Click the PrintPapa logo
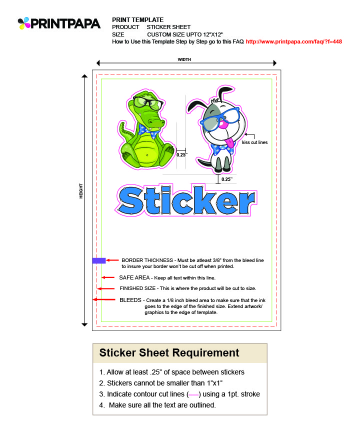(58, 23)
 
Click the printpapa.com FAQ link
(293, 41)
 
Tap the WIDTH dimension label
(184, 59)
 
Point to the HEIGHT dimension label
(81, 190)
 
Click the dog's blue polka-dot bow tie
(222, 148)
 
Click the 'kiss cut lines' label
(254, 142)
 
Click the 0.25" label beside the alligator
(181, 154)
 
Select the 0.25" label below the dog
(226, 179)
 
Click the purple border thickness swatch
(98, 260)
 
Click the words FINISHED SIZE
(138, 288)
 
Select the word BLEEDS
(130, 300)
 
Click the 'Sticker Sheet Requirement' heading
(169, 353)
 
